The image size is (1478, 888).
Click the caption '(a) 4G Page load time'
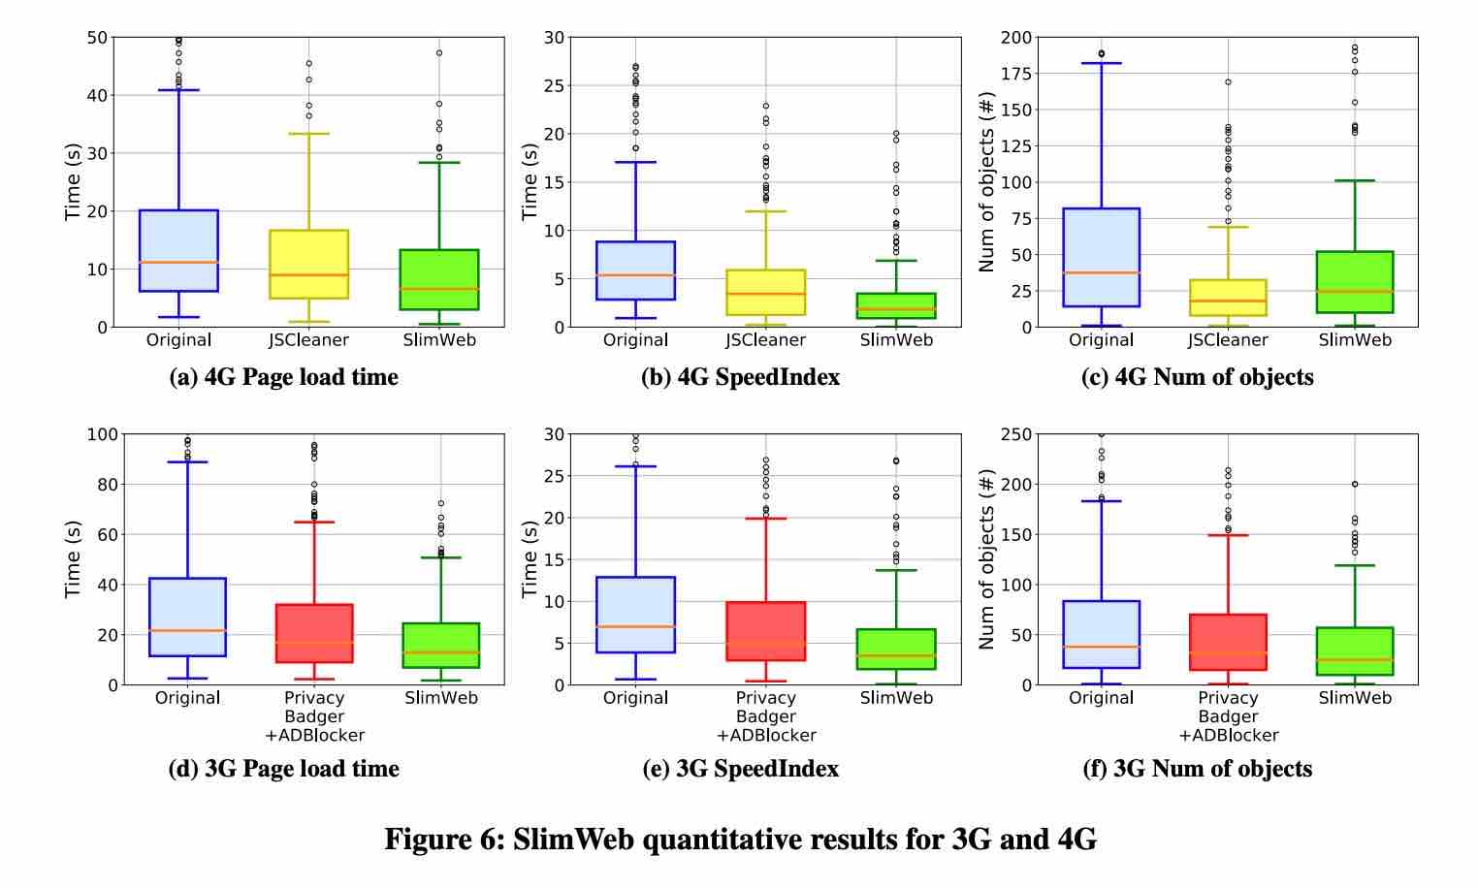(283, 377)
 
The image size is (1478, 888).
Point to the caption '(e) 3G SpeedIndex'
(740, 769)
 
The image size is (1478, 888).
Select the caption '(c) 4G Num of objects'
(1197, 377)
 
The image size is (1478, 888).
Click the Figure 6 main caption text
(740, 839)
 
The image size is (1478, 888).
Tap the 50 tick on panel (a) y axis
(96, 38)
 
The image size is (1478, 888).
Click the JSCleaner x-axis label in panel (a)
(308, 340)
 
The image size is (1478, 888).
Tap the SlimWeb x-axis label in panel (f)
(1354, 698)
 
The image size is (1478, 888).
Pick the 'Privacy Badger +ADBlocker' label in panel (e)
(766, 716)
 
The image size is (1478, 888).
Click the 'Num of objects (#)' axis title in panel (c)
(987, 182)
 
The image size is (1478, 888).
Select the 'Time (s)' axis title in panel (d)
(73, 559)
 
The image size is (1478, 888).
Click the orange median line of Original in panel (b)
(636, 275)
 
